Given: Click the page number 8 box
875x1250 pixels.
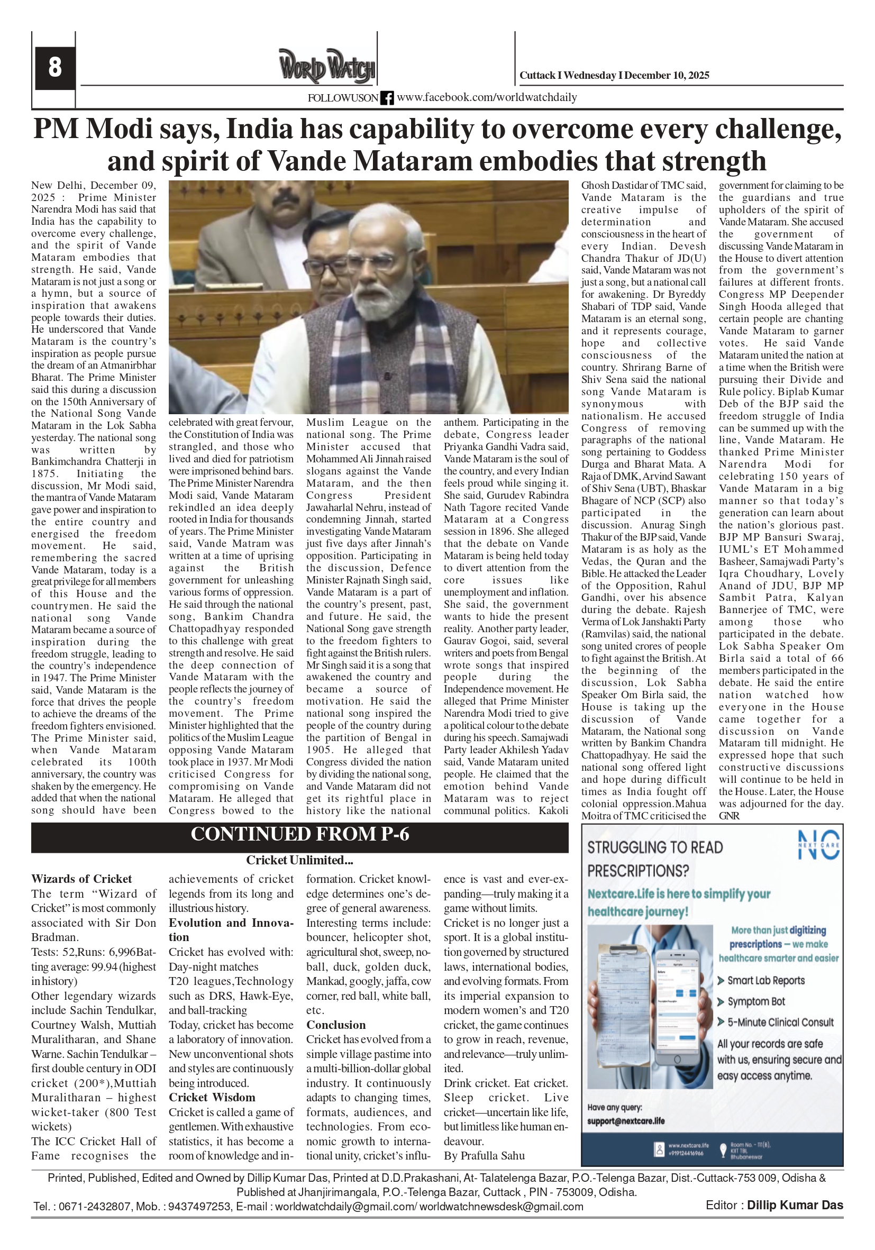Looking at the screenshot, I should pos(55,68).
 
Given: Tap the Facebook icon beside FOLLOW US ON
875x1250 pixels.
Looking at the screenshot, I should pos(387,98).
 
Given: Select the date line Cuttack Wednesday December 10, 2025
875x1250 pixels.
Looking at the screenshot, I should pos(614,76).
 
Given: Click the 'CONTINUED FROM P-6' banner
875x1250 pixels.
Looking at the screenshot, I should pos(299,835).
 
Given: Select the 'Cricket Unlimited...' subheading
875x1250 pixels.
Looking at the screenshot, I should pos(299,860).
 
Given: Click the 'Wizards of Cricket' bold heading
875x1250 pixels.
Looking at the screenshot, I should pos(81,879).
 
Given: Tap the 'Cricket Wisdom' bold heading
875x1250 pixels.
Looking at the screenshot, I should pos(212,1098).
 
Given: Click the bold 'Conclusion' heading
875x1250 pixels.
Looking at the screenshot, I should pos(336,1025).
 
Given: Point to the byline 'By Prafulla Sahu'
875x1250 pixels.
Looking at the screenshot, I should pos(484,1156).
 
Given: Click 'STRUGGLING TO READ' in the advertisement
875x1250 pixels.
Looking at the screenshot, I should pos(655,847).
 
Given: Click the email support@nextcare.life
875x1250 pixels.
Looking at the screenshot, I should pos(626,1121).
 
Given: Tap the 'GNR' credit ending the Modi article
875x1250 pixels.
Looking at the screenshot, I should pos(729,816).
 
